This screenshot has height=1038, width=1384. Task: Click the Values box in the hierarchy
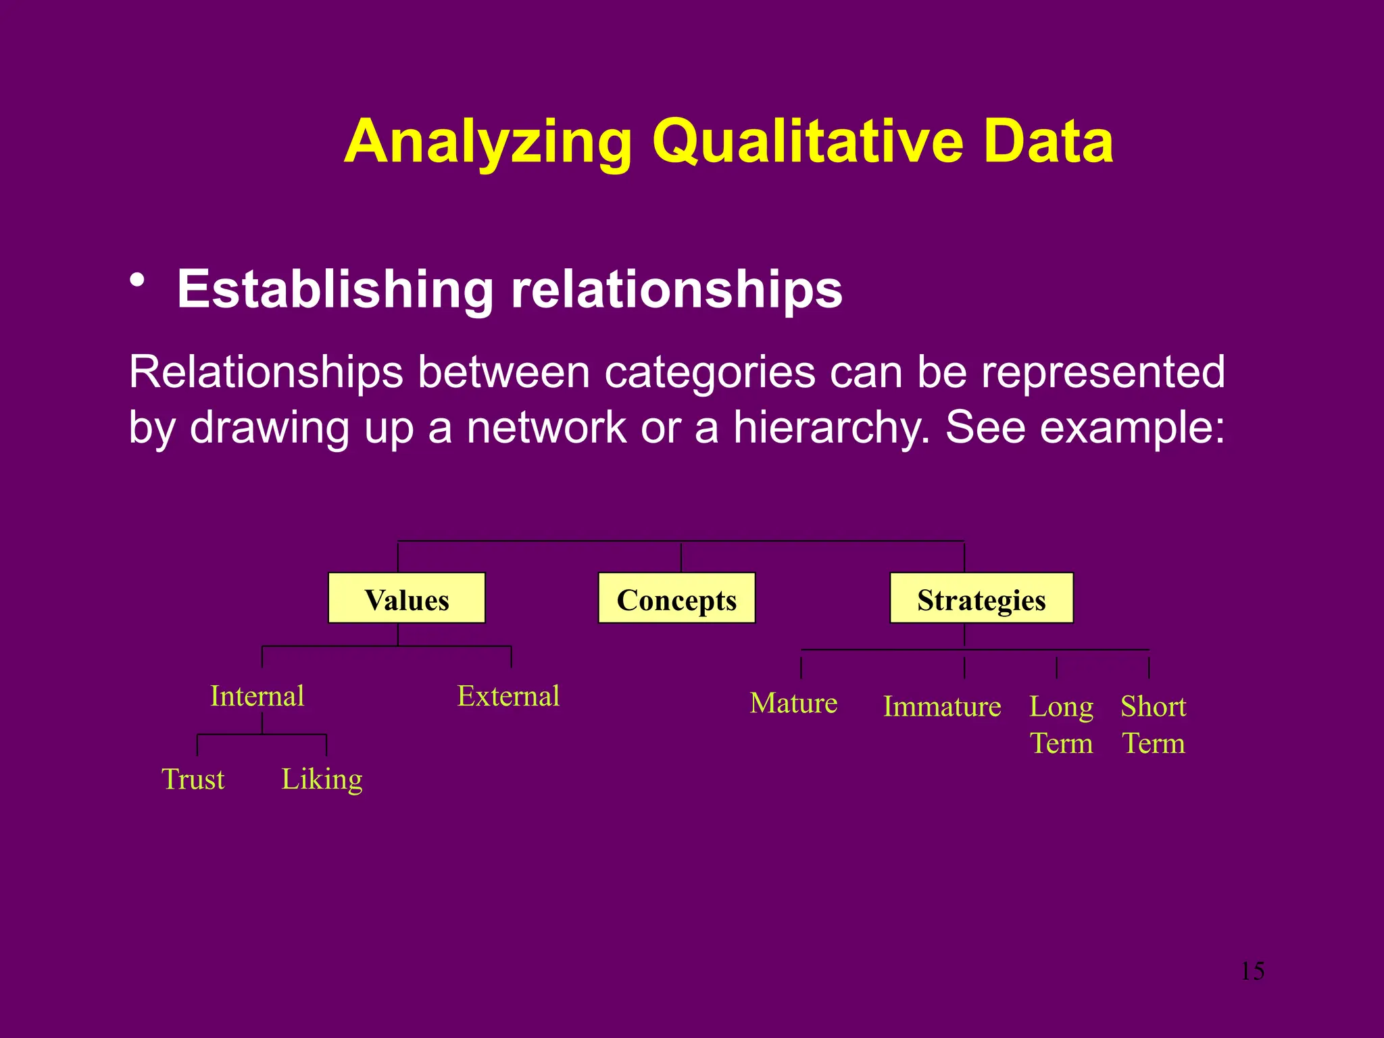click(406, 599)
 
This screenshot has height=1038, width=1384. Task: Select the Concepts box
click(676, 599)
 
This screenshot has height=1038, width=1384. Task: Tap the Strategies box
click(981, 599)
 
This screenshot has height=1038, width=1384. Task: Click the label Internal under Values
click(257, 696)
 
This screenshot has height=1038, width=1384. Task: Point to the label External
click(508, 696)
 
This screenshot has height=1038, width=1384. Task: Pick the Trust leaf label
click(193, 779)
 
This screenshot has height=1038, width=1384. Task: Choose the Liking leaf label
click(322, 779)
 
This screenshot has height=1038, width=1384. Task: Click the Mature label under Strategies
click(793, 703)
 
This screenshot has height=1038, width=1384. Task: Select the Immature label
click(942, 707)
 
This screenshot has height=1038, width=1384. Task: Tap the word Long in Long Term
click(1061, 707)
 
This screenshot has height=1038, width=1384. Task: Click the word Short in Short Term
click(1153, 707)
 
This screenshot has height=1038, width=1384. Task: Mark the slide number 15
click(1252, 971)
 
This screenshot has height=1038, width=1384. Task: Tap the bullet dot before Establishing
click(138, 280)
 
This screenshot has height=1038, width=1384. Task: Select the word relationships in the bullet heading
click(676, 289)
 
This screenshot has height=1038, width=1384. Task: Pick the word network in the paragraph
click(546, 427)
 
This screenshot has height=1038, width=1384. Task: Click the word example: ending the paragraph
click(1132, 427)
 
